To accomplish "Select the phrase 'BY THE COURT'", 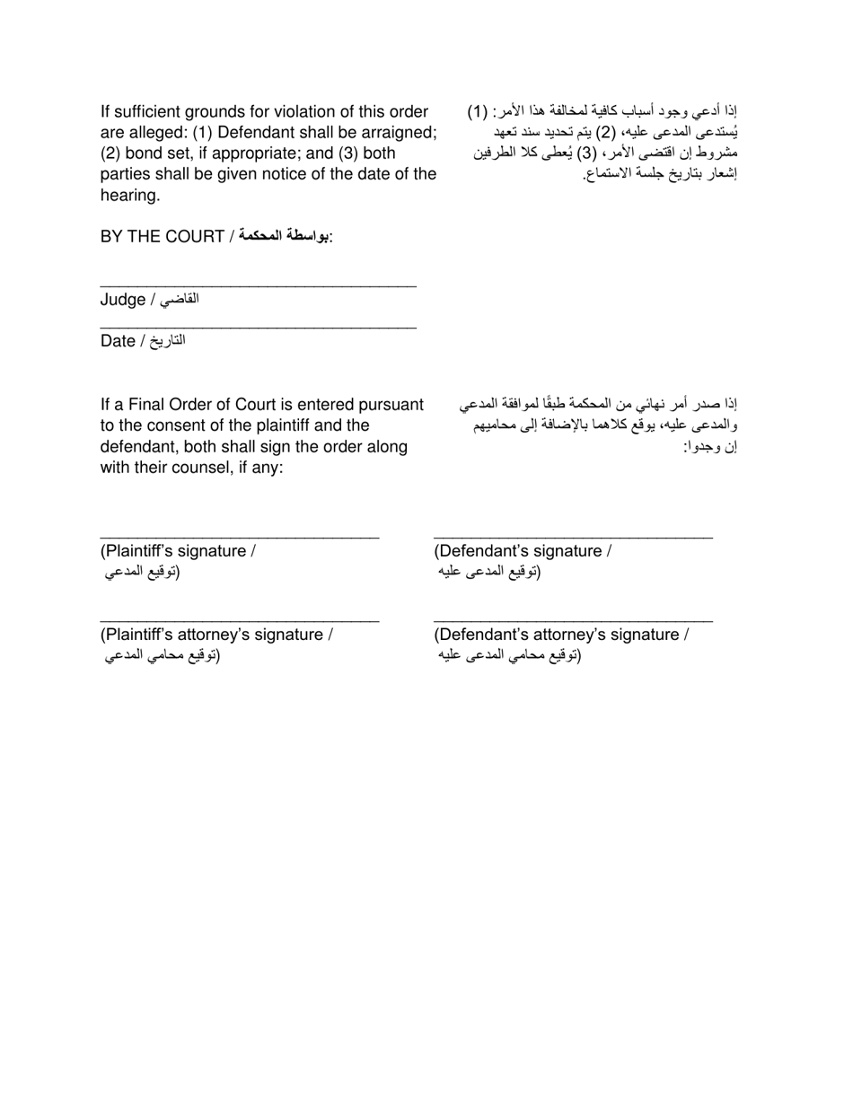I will (163, 237).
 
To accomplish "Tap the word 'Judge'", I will (123, 300).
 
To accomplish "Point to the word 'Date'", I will (118, 341).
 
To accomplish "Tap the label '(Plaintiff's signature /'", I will (178, 551).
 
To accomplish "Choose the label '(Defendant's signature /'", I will (523, 551).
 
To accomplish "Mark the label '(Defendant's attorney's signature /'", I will (561, 635).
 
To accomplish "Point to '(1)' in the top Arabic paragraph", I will (477, 112).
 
